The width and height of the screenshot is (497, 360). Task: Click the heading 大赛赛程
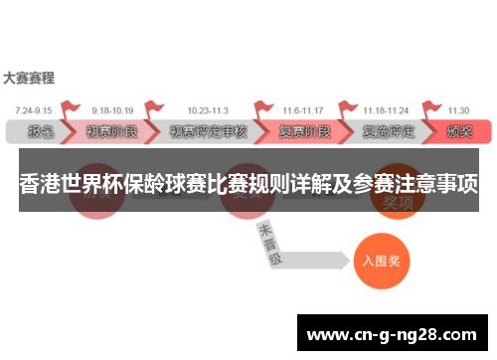point(29,77)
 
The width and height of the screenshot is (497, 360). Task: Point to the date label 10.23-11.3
point(207,110)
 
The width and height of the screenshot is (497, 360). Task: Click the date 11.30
point(458,110)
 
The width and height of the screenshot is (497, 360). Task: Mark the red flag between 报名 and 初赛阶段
point(70,109)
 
